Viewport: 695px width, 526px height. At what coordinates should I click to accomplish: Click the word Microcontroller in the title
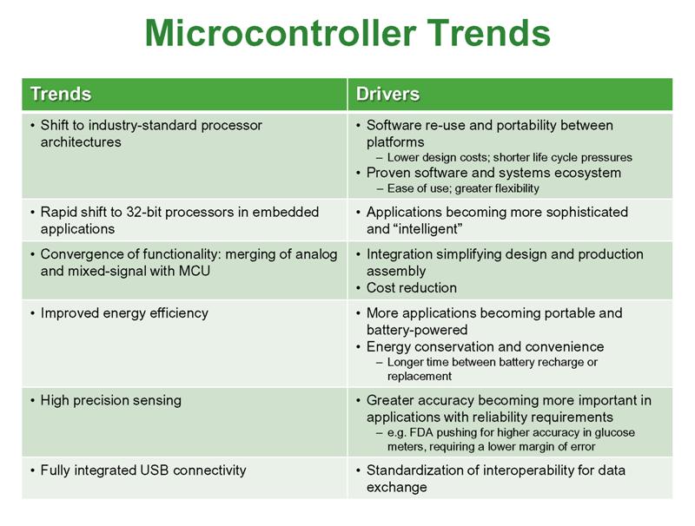point(281,33)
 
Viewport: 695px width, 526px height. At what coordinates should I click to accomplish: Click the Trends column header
point(61,95)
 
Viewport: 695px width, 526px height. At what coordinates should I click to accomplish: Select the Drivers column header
point(387,95)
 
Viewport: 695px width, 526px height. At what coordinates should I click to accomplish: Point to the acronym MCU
point(195,271)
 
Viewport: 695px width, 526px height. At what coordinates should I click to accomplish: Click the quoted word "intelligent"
point(428,229)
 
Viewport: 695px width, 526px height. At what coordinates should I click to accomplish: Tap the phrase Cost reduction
point(411,288)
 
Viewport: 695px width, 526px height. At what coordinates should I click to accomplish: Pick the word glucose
point(615,433)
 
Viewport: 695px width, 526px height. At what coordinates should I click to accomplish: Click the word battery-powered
point(417,331)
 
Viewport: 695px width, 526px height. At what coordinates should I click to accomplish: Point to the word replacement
point(420,377)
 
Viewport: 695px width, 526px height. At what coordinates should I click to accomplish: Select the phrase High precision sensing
point(111,401)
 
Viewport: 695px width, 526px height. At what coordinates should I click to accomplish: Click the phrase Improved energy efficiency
point(124,313)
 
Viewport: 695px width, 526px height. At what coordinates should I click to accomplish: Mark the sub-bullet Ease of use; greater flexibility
point(463,189)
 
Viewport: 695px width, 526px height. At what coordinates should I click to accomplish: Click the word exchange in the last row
point(397,488)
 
